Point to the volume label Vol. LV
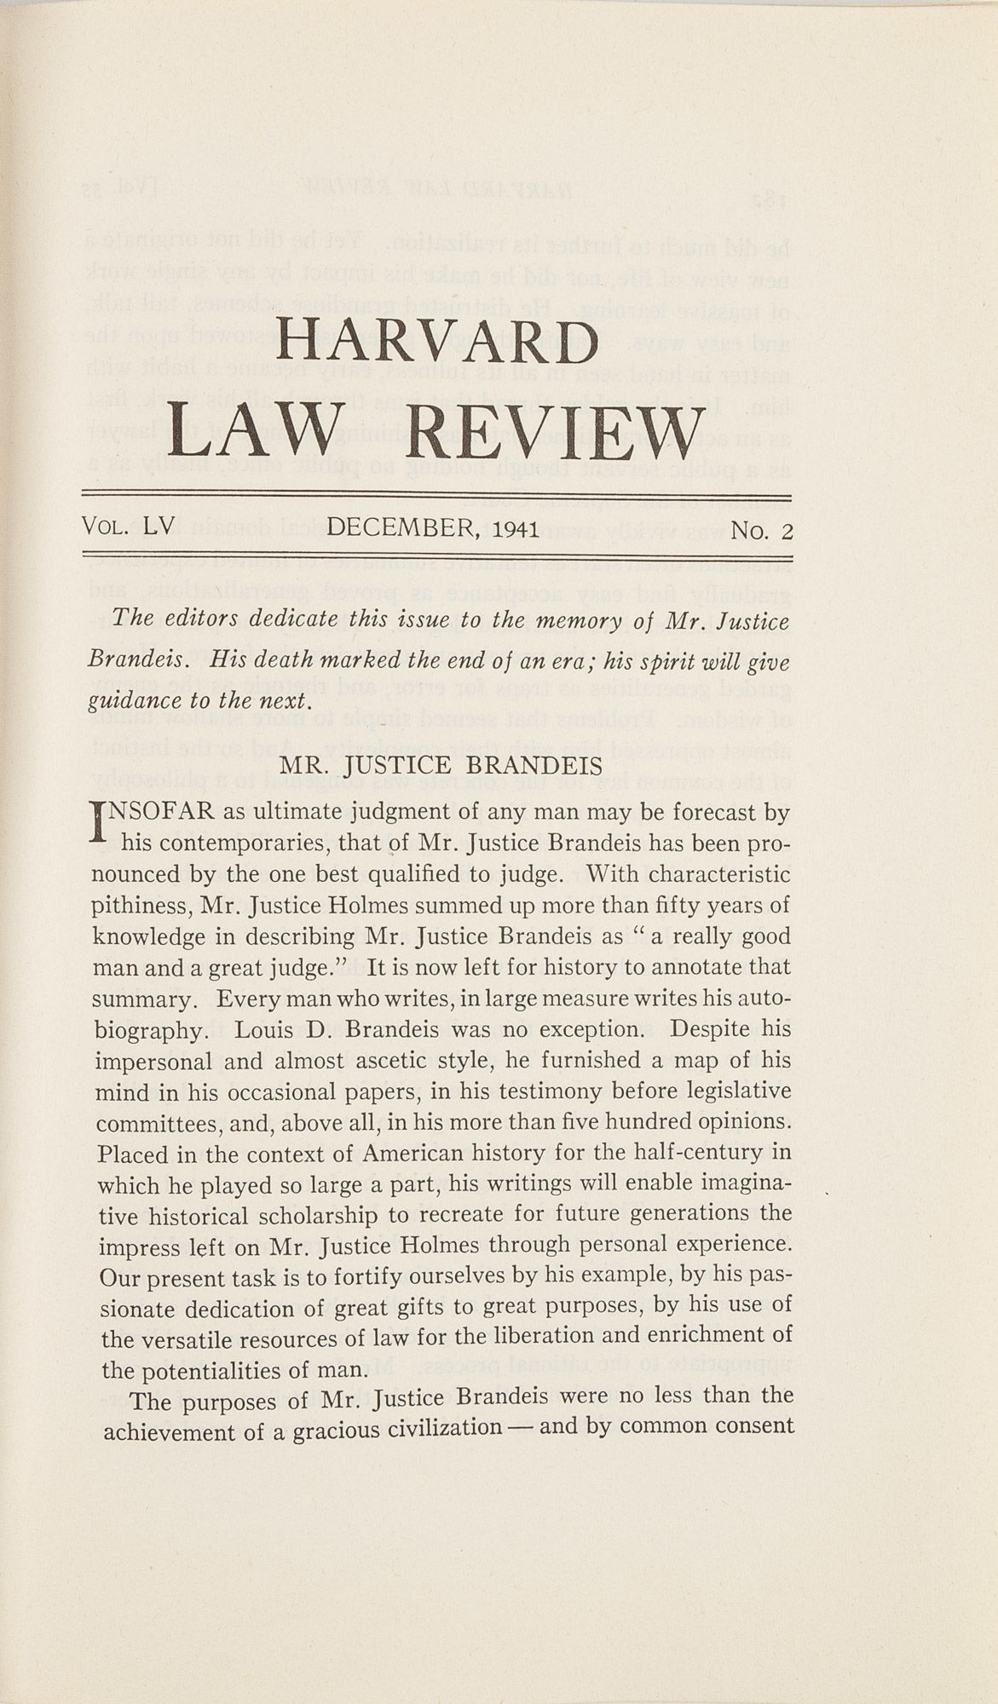[129, 527]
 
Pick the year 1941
[510, 530]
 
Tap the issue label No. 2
[762, 531]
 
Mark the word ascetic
[401, 1062]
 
